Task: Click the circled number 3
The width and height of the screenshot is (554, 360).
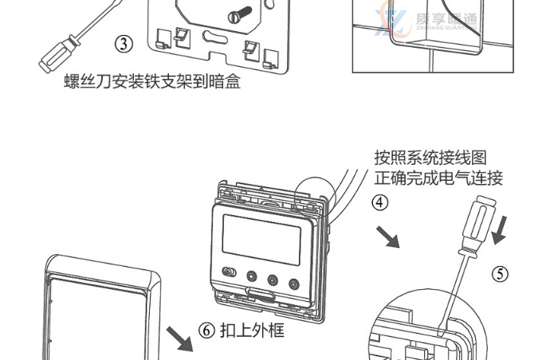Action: (124, 44)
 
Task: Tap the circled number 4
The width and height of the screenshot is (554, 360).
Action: (381, 202)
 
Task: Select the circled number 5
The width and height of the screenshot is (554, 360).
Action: (500, 274)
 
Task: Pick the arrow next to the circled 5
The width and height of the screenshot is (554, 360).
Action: (501, 232)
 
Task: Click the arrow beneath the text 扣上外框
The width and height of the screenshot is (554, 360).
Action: (183, 338)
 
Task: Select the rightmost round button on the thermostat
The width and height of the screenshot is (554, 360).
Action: (295, 281)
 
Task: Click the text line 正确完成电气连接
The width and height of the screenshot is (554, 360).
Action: (438, 178)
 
